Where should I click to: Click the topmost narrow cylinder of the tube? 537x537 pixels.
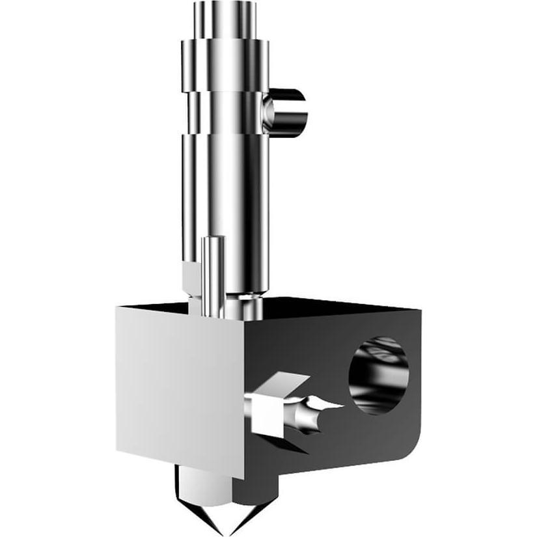225,20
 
